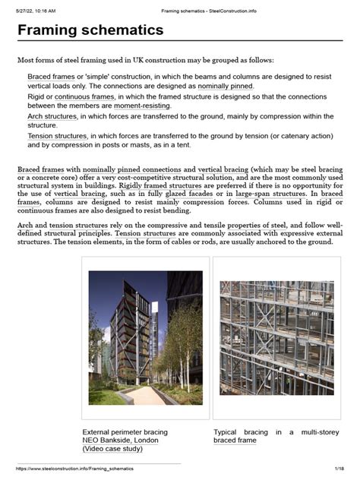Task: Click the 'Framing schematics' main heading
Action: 90,30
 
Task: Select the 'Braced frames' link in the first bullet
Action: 51,77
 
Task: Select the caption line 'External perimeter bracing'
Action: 125,431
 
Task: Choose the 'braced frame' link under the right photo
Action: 235,441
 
